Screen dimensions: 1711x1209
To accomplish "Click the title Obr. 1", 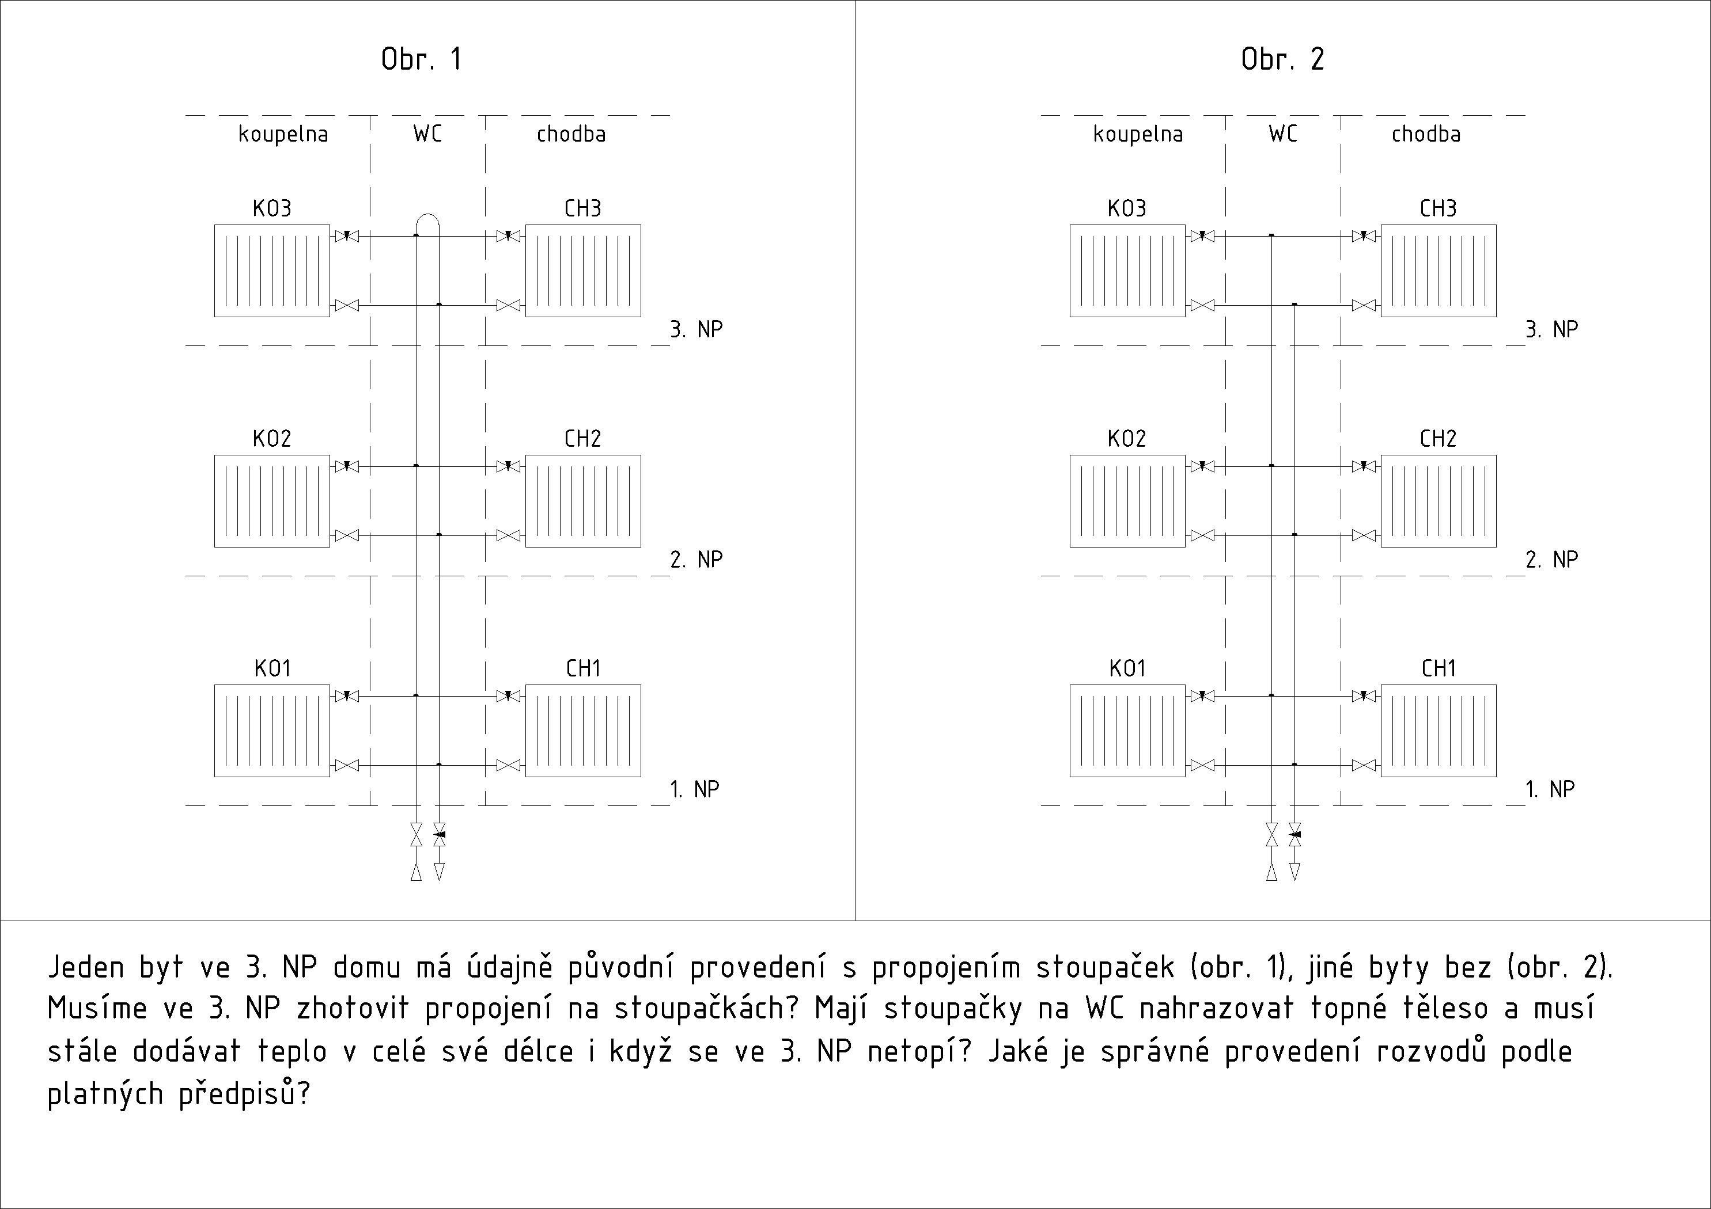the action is pos(422,59).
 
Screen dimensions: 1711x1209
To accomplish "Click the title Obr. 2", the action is pos(1282,59).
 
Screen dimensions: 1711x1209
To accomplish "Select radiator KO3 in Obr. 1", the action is pos(272,271).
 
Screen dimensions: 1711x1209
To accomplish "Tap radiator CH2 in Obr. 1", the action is pos(583,501).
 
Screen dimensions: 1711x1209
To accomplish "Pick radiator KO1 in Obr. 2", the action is pos(1127,731).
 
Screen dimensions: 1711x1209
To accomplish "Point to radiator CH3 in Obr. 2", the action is pos(1439,271).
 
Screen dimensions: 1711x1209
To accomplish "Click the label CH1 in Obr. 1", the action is pos(583,668).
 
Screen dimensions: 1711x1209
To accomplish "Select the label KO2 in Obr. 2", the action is pos(1127,438).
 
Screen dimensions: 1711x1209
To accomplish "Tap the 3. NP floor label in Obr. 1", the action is pos(696,329).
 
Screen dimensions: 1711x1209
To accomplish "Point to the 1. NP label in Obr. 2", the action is pos(1550,789).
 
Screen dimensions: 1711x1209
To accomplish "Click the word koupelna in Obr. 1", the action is pos(283,134).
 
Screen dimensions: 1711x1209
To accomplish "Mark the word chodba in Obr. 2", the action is pos(1426,134).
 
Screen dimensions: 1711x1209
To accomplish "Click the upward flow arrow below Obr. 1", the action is pos(417,872).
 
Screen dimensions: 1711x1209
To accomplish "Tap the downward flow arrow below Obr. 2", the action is pos(1294,872).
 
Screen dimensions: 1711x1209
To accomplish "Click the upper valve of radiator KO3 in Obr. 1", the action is pos(347,236).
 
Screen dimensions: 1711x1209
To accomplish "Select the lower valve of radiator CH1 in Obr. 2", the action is pos(1364,765).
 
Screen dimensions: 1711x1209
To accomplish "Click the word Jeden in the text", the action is pos(86,967).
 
